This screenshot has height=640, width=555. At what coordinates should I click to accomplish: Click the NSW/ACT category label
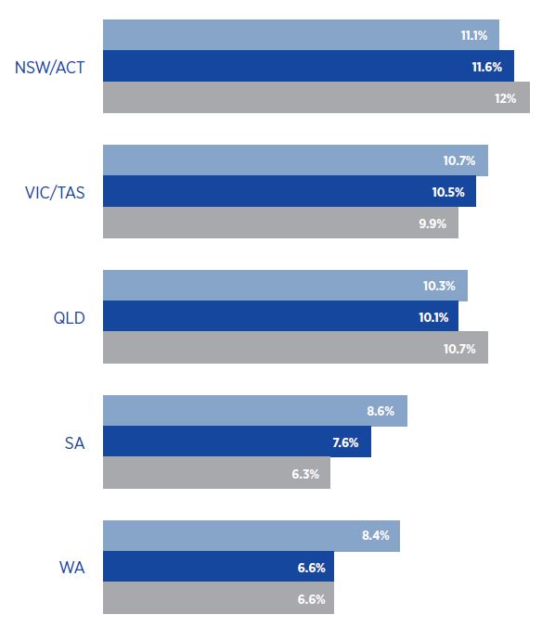tap(51, 67)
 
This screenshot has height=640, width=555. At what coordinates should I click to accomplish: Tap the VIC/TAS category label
tap(55, 192)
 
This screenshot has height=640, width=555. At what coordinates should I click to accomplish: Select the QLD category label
tap(70, 317)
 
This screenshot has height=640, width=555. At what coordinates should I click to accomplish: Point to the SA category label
tap(74, 442)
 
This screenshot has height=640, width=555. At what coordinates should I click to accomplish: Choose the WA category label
tap(72, 568)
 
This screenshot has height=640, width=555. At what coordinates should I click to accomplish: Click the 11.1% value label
tap(475, 35)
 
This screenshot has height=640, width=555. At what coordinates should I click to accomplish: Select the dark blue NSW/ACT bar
tap(308, 66)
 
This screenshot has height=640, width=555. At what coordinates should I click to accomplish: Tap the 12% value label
tap(505, 97)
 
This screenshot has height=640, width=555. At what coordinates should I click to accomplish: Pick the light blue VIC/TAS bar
tap(295, 160)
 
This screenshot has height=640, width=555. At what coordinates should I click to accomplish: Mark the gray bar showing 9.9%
tap(280, 223)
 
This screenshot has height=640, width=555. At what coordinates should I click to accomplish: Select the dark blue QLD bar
tap(280, 316)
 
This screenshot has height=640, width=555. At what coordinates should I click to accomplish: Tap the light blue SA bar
tap(254, 411)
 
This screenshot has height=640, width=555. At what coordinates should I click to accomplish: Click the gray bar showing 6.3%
tap(216, 473)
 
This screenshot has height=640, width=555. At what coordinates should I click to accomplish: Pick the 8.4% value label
tap(374, 536)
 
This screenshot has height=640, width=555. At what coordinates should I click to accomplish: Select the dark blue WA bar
tap(218, 567)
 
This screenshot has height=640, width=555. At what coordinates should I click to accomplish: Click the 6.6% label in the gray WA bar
tap(311, 598)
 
